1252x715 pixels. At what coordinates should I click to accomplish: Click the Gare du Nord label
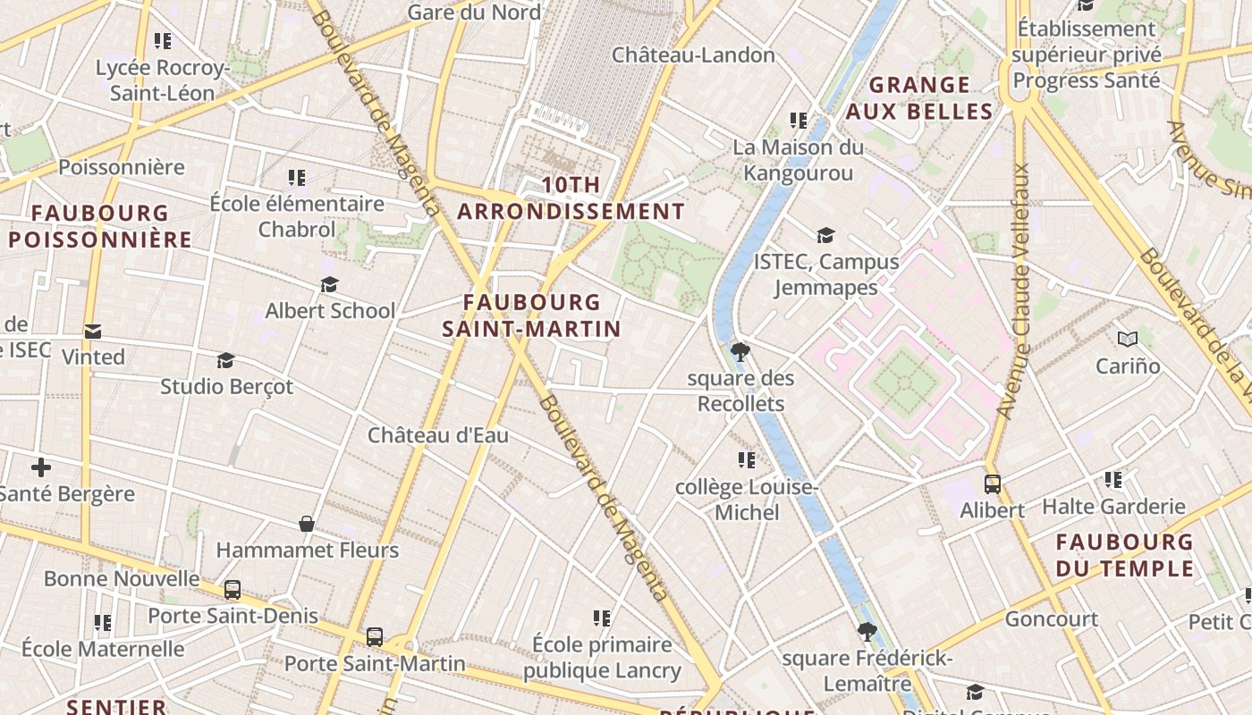pos(474,12)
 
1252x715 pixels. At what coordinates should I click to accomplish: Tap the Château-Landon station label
pos(693,55)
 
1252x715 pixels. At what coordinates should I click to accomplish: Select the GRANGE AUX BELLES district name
pos(919,98)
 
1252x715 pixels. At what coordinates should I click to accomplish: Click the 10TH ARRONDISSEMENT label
pos(571,198)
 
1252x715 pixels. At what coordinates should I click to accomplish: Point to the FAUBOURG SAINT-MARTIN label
pos(532,315)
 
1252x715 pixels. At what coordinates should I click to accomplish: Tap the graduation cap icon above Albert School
pos(329,284)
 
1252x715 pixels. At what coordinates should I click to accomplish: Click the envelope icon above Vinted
pos(92,332)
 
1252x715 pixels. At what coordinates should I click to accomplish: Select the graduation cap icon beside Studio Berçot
pos(225,360)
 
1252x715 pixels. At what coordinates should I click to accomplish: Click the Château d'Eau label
pos(438,435)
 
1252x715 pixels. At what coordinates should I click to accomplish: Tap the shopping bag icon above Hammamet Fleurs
pos(307,524)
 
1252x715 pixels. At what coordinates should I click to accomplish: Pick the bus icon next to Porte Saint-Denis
pos(233,590)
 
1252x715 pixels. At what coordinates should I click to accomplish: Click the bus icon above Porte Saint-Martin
pos(375,637)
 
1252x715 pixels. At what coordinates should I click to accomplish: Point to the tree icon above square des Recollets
pos(740,351)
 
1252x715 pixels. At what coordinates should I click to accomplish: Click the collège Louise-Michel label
pos(746,500)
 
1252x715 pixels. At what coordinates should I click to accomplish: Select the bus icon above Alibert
pos(993,484)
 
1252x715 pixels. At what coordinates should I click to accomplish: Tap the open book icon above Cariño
pos(1128,339)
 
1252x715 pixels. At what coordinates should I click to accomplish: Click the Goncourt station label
pos(1052,618)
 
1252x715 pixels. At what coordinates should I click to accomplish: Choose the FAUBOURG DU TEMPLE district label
pos(1124,555)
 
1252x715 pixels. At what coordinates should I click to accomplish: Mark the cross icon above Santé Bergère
pos(41,467)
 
